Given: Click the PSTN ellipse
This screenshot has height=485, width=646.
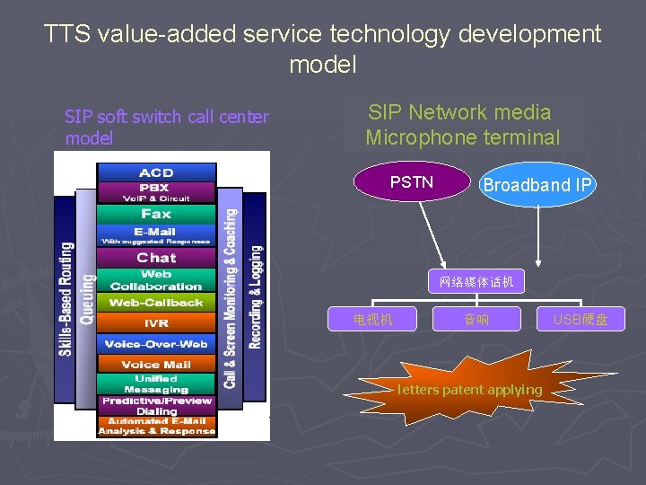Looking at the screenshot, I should tap(412, 182).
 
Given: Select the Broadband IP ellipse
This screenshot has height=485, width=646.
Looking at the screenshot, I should tap(537, 185).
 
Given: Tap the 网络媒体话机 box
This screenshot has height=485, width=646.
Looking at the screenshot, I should tap(476, 282).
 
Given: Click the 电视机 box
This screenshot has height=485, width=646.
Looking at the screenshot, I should tap(372, 319).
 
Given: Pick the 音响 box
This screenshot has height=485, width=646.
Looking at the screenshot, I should tap(476, 319).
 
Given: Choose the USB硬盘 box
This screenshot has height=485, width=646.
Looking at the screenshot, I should tap(580, 319).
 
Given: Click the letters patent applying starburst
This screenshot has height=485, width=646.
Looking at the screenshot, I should tap(469, 389).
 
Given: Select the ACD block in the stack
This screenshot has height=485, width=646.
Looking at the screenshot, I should tap(156, 172).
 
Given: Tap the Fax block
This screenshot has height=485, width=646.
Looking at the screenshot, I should tap(156, 214).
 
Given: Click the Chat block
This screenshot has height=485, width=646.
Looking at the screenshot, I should tap(156, 258).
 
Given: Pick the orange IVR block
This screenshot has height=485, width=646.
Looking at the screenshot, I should tap(156, 323).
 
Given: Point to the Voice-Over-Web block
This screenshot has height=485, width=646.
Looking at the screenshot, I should tap(156, 344).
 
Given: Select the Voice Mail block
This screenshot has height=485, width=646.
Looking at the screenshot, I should tap(156, 365).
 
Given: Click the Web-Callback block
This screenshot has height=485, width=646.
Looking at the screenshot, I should tap(156, 303).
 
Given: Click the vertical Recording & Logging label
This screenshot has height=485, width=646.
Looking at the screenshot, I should tap(256, 296).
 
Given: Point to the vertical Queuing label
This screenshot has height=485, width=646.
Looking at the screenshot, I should tap(86, 299).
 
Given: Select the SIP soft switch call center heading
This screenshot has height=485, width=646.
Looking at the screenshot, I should tap(166, 127).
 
